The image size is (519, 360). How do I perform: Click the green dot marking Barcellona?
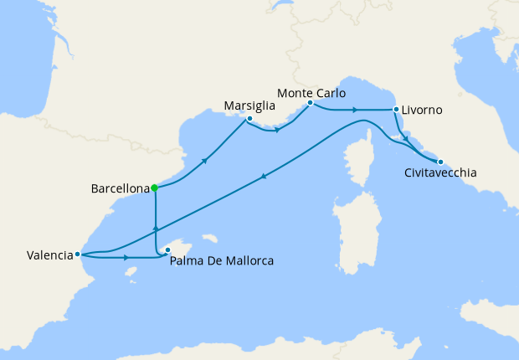coord(155,188)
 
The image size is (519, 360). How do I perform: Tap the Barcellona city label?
coord(120,189)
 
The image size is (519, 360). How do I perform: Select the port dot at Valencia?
coord(77,254)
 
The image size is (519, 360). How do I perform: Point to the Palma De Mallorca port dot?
coord(167,249)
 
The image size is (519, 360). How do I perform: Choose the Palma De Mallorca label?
coord(221,261)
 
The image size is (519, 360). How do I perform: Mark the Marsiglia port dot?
coord(249,119)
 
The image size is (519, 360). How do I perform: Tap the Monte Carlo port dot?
coord(310,103)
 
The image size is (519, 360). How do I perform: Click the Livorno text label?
coord(422,111)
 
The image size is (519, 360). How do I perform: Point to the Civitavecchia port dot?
coord(440,162)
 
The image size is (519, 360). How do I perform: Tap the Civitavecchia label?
coord(439,173)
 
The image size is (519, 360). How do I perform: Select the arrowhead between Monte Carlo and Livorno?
coord(355,110)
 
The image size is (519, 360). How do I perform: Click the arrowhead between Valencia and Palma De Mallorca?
coord(126,258)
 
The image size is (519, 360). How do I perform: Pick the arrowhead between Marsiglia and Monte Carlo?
coord(277,130)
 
